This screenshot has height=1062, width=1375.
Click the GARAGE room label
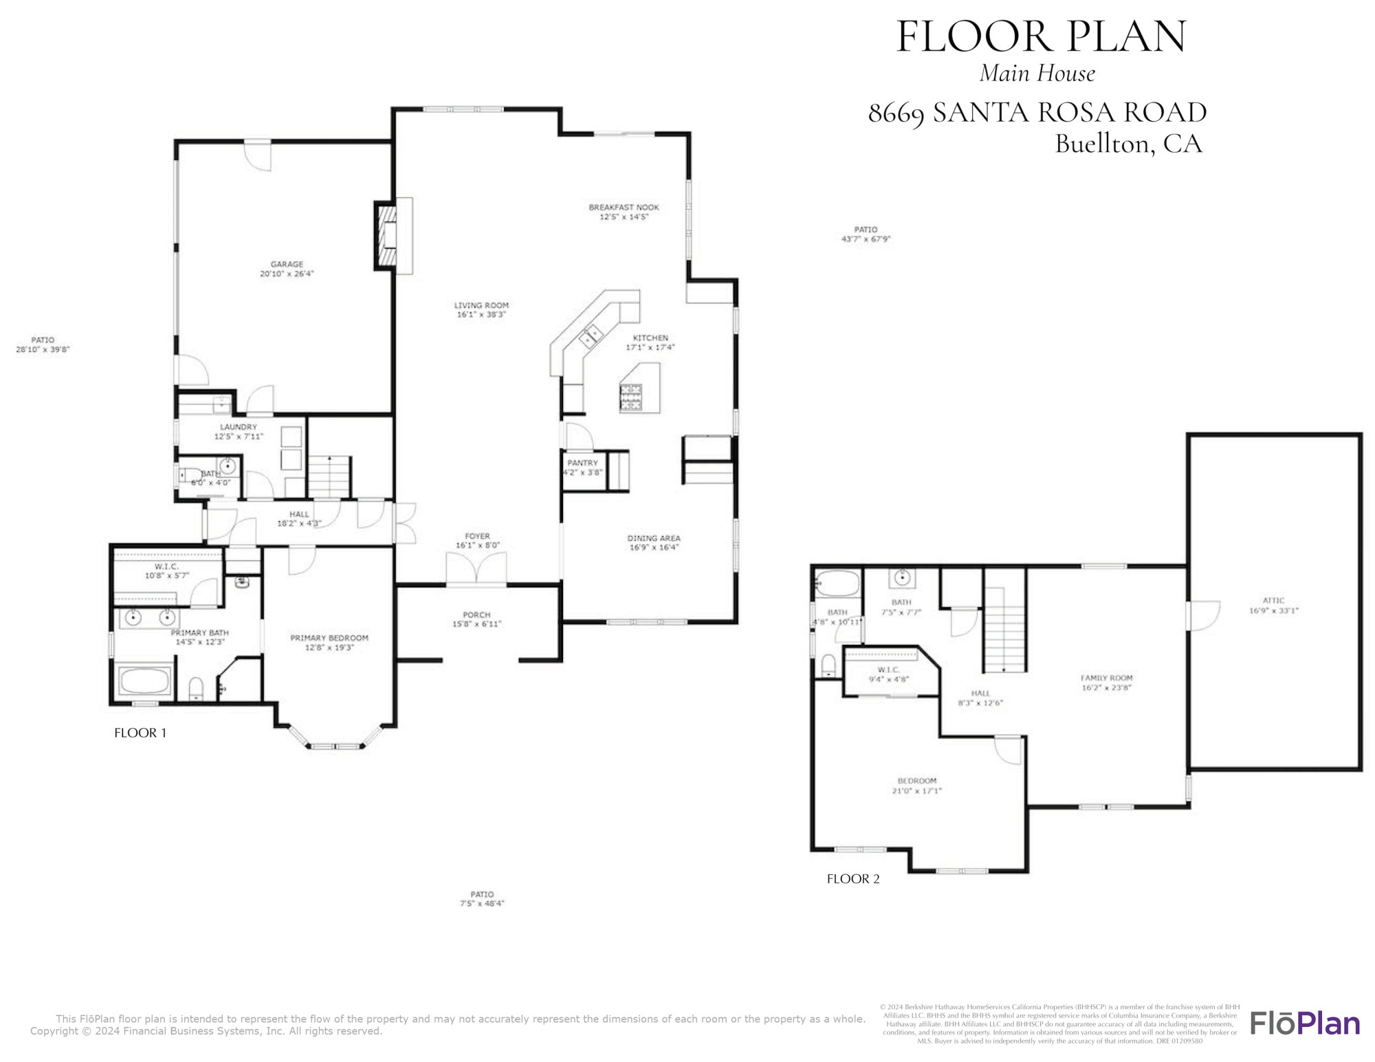[x=287, y=264]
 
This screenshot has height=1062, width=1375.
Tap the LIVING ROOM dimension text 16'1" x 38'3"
[x=481, y=315]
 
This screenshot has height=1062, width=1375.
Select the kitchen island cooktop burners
[x=630, y=397]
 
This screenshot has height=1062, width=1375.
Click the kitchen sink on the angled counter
[x=591, y=336]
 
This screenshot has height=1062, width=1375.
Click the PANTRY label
[x=582, y=463]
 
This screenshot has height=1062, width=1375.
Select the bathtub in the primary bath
[x=145, y=681]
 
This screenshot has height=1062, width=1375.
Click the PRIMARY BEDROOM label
[x=329, y=638]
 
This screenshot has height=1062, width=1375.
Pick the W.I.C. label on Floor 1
[x=166, y=566]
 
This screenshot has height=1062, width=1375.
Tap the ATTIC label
[x=1273, y=600]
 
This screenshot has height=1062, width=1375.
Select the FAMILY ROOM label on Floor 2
[x=1106, y=678]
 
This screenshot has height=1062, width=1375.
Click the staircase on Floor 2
[x=1004, y=629]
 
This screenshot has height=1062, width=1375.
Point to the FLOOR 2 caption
[x=852, y=878]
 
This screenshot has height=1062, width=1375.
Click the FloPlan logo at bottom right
[x=1304, y=1023]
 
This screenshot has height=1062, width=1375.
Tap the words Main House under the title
[x=1037, y=74]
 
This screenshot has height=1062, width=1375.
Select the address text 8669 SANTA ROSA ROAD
[x=1037, y=113]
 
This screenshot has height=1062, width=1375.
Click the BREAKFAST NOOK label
[x=624, y=207]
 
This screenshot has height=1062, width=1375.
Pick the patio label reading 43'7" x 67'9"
[x=866, y=239]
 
